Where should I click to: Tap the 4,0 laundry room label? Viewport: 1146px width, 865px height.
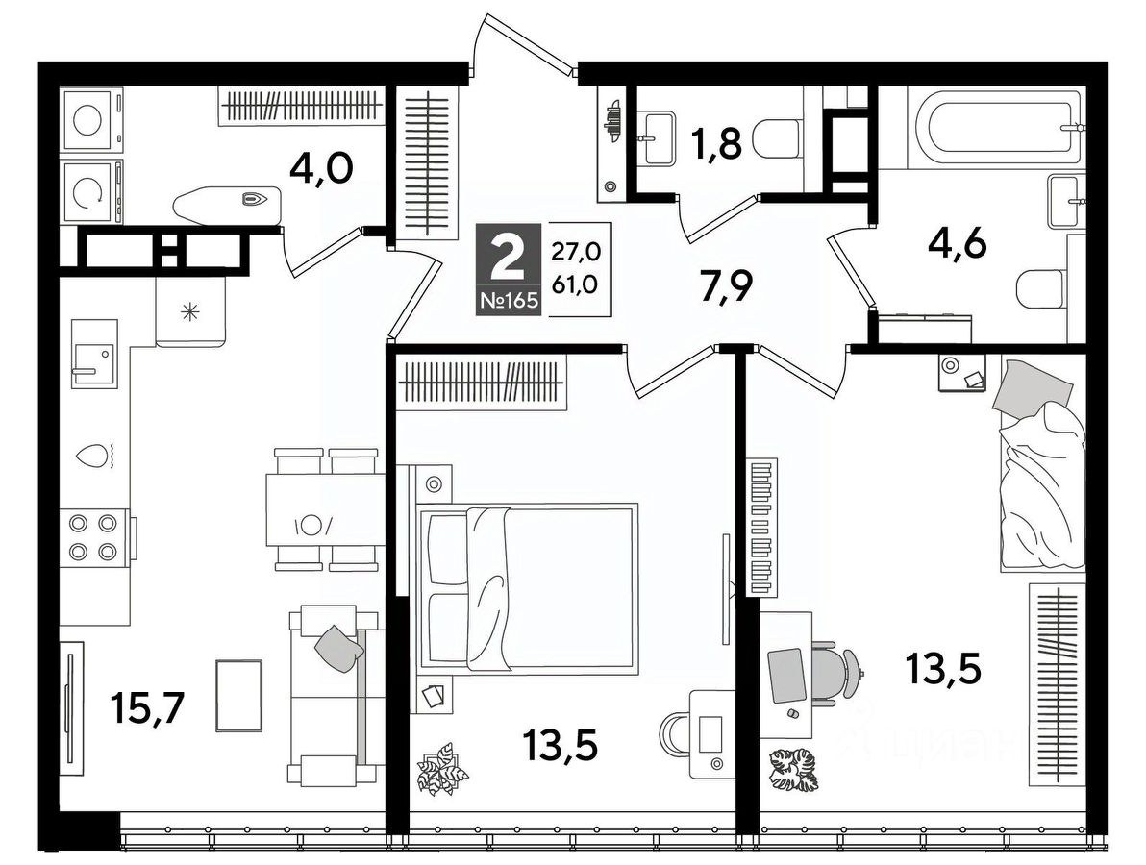point(321,168)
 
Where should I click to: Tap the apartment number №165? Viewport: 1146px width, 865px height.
point(508,300)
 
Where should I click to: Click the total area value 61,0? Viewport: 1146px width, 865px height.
point(575,284)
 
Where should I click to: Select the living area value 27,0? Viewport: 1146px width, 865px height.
point(575,252)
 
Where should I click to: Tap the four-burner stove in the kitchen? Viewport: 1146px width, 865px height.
point(93,537)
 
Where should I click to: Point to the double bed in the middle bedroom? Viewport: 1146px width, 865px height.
point(525,584)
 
